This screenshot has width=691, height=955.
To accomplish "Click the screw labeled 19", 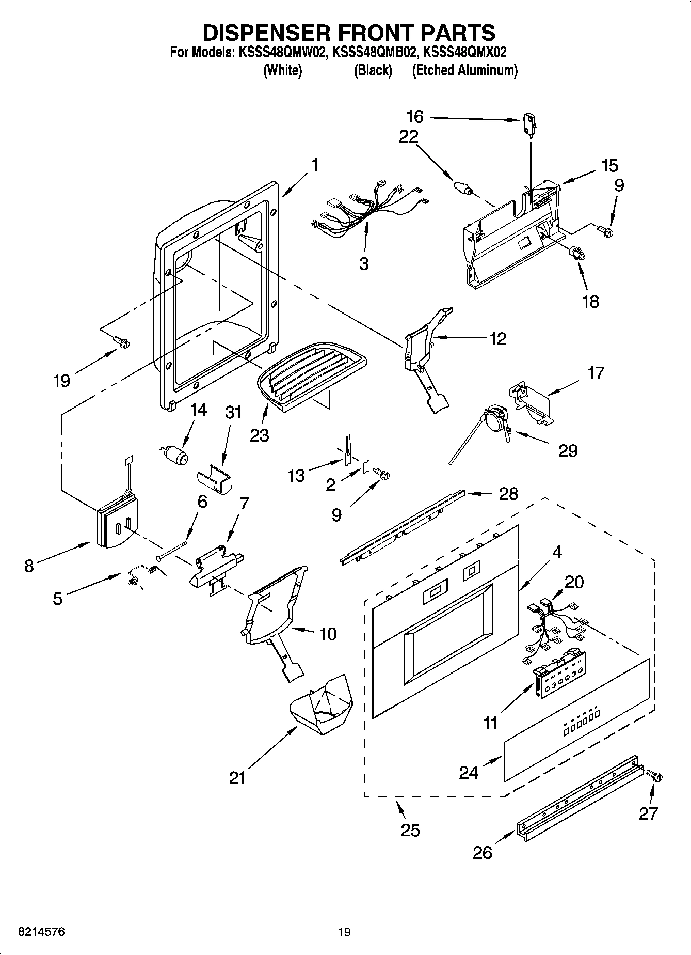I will (x=123, y=341).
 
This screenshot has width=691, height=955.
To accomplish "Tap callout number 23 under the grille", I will (x=259, y=435).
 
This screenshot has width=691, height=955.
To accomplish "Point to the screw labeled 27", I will (x=654, y=776).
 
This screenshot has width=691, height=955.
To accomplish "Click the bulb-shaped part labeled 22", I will (x=462, y=187).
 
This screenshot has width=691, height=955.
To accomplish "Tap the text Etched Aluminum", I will (x=464, y=70).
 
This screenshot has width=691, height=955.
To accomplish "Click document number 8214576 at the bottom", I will (x=41, y=932).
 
